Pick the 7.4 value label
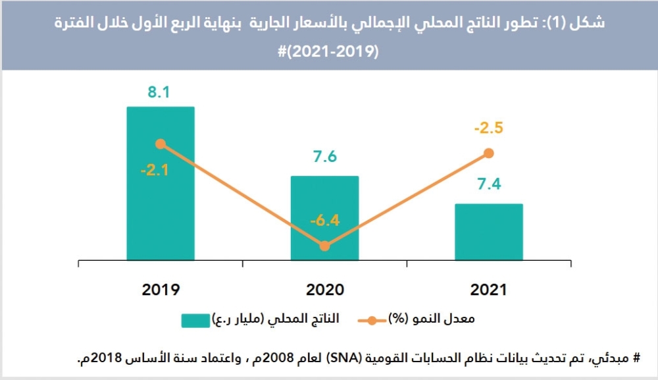click(489, 184)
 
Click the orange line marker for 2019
click(161, 144)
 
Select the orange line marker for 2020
click(324, 246)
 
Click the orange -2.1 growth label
click(155, 171)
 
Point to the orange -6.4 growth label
click(324, 220)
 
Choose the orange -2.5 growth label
click(488, 128)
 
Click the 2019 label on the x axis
click(161, 289)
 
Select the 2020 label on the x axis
click(324, 289)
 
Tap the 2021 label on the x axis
click(488, 289)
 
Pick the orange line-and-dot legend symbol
click(372, 321)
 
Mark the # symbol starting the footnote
click(636, 359)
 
